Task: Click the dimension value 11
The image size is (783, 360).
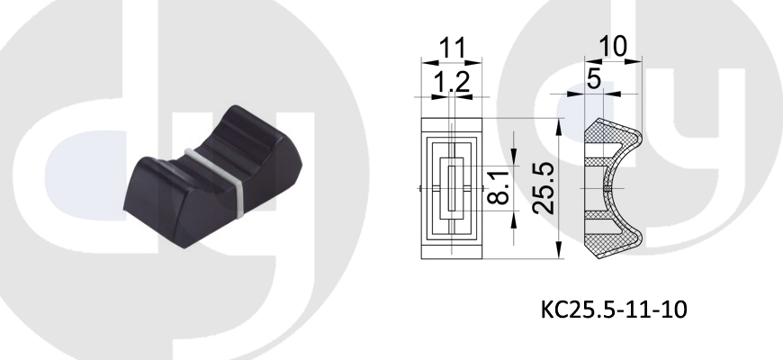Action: click(452, 49)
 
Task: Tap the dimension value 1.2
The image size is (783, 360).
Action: click(451, 83)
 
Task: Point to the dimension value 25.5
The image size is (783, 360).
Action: click(543, 188)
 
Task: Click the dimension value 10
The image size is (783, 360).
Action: click(613, 47)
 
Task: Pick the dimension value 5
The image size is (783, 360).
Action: click(593, 79)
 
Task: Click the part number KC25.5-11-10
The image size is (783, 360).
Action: click(614, 309)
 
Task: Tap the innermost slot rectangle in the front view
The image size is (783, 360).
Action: click(452, 188)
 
